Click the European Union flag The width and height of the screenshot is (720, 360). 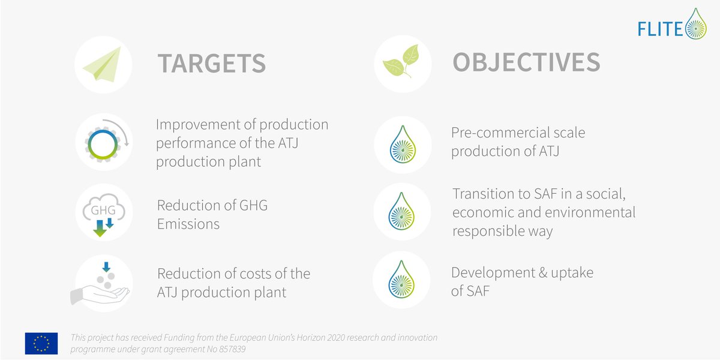pos(41,343)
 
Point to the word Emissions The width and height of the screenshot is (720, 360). pos(188,224)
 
